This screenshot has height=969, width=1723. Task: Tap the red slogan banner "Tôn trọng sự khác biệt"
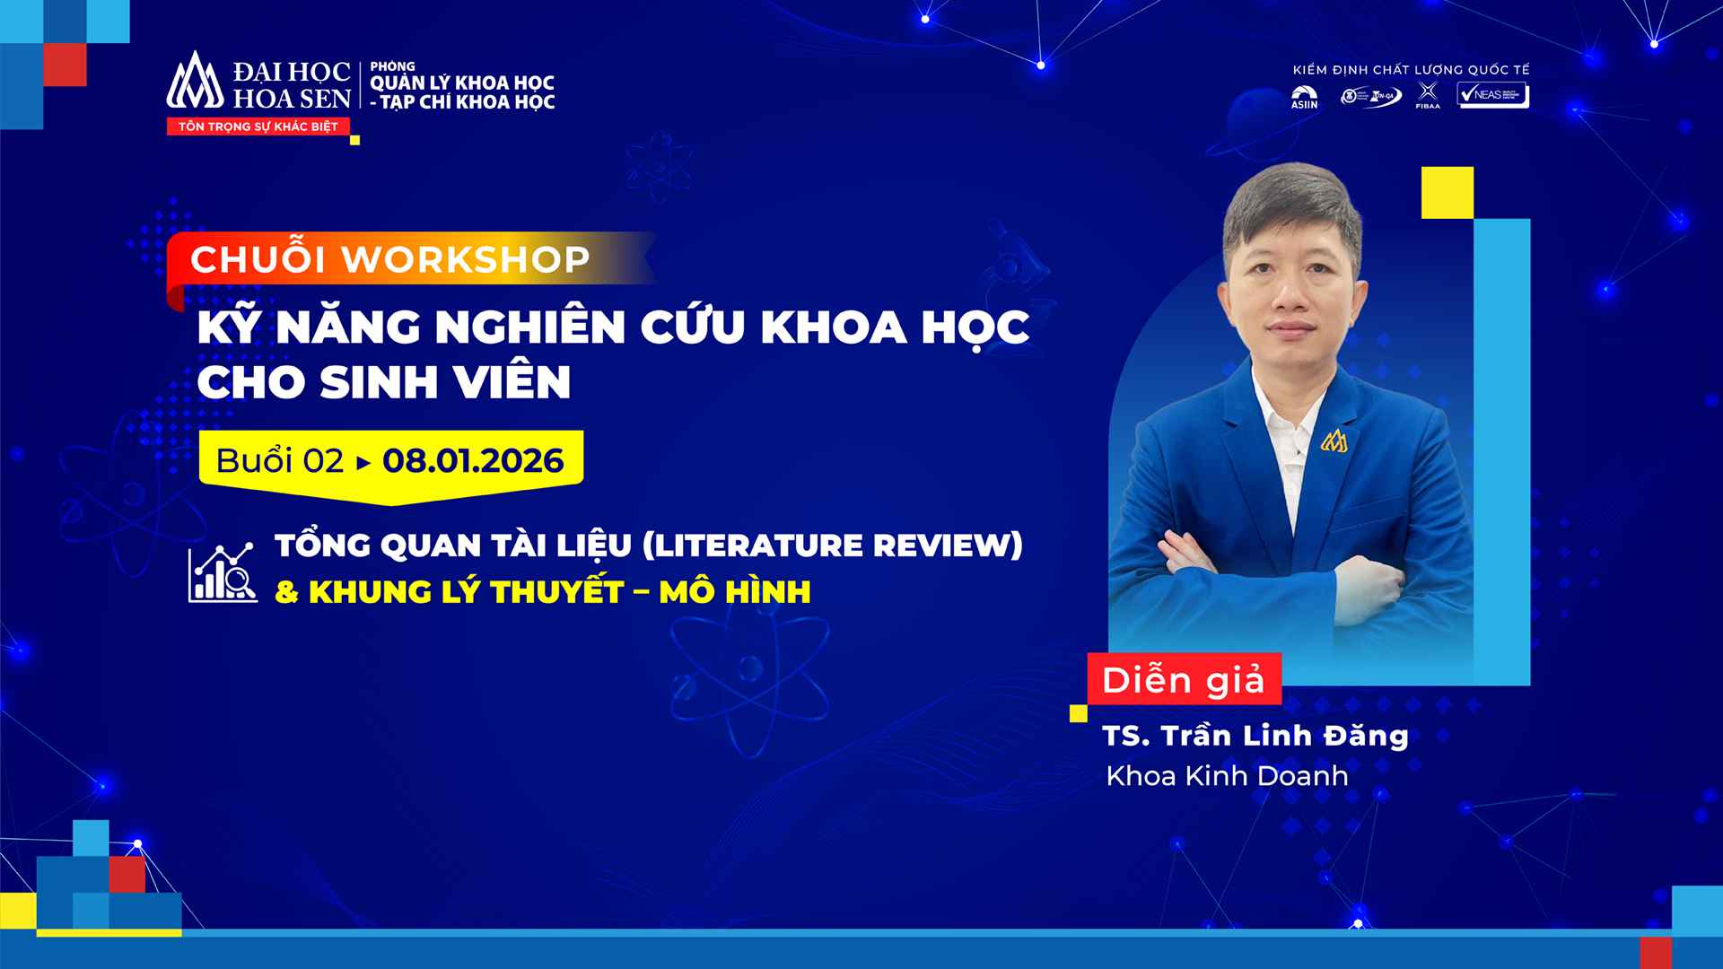[x=258, y=127]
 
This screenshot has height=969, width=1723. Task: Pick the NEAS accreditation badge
[x=1492, y=95]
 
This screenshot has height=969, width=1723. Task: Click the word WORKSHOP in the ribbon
[x=467, y=259]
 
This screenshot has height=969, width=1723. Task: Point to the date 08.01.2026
[x=473, y=461]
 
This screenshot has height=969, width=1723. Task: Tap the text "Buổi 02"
[x=279, y=461]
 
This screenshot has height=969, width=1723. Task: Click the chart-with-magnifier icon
[x=222, y=572]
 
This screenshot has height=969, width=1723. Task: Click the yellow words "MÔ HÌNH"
[x=735, y=592]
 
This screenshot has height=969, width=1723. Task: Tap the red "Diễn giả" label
[x=1183, y=680]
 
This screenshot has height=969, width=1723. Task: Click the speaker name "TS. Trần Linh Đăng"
[x=1255, y=736]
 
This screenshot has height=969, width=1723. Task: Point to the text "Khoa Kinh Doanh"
[x=1227, y=776]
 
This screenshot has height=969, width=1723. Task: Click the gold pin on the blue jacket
[x=1334, y=441]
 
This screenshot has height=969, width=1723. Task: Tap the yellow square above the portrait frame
[x=1447, y=193]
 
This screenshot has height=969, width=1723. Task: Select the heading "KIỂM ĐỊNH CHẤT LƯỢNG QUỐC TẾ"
[x=1410, y=70]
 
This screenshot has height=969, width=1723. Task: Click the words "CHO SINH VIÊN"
[x=383, y=382]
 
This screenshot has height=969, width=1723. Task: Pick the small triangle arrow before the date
[x=363, y=463]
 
